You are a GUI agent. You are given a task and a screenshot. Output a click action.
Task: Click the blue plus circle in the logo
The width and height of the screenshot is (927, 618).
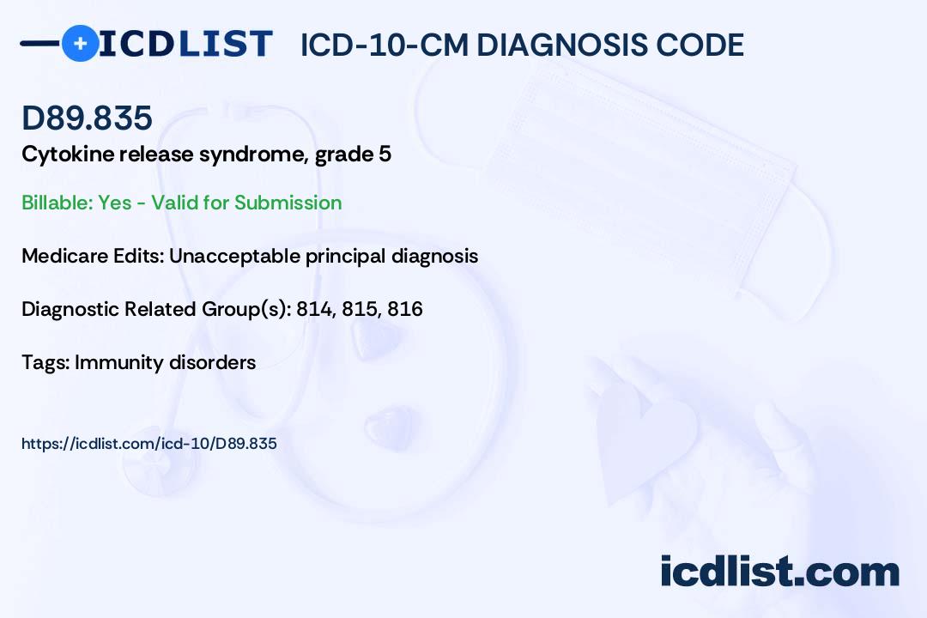click(80, 43)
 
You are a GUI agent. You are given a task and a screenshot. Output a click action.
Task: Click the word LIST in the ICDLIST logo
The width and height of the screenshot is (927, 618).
click(225, 44)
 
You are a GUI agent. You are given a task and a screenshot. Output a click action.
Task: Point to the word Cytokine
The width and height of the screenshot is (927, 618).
click(67, 154)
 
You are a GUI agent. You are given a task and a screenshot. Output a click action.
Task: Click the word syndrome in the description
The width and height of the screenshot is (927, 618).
click(253, 154)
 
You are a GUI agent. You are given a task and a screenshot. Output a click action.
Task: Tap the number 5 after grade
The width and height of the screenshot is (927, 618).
click(385, 154)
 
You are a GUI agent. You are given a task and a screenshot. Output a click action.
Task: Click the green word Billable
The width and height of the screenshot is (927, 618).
click(57, 203)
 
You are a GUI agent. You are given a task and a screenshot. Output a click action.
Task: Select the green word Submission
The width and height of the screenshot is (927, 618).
click(288, 203)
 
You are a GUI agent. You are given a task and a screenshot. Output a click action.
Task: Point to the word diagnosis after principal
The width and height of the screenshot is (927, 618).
click(434, 256)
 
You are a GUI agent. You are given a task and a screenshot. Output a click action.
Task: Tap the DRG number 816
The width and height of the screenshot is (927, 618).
click(405, 309)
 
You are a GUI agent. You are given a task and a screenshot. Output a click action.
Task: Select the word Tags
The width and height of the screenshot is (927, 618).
click(45, 362)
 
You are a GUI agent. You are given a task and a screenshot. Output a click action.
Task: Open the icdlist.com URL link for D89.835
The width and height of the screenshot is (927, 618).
click(149, 444)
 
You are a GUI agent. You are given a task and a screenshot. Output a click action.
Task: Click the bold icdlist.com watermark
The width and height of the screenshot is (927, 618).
click(779, 571)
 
